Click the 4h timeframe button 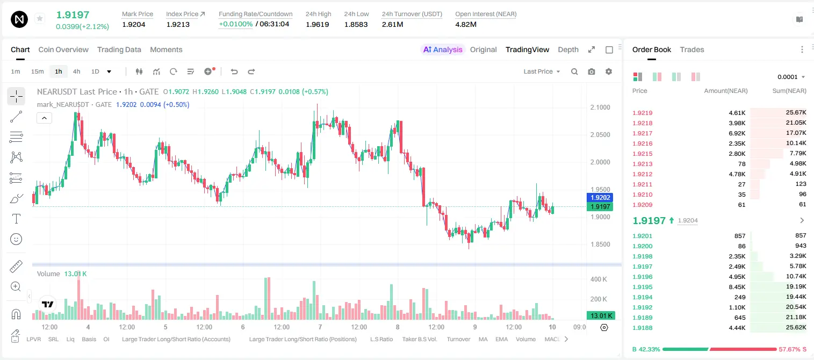[76, 71]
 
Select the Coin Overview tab [63, 49]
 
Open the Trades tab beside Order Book [692, 49]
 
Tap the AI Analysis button [443, 49]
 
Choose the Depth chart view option [568, 49]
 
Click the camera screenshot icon [592, 71]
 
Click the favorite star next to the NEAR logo [40, 18]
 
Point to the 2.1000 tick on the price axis [600, 107]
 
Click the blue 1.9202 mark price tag [600, 198]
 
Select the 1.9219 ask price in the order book [642, 113]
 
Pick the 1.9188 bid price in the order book [642, 328]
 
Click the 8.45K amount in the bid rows [737, 287]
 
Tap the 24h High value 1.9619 [317, 24]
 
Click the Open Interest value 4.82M [466, 24]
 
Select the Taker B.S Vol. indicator [419, 339]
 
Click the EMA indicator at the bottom [501, 339]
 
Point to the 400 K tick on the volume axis [599, 279]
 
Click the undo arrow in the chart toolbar [234, 71]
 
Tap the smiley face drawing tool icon [16, 239]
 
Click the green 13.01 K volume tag [600, 316]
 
